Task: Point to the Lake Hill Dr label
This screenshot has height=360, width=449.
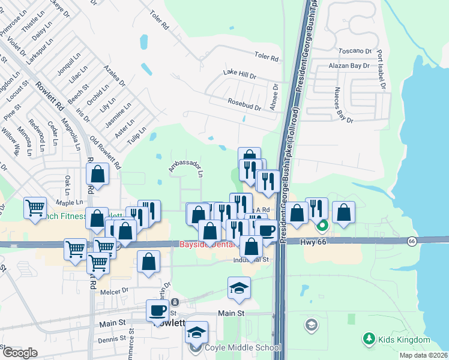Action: (240, 75)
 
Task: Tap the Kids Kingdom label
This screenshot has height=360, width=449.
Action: (404, 340)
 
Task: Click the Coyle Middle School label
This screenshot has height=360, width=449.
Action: (242, 347)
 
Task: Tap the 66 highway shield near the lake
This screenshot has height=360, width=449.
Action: (411, 241)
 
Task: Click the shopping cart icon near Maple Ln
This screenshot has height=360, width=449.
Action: (35, 208)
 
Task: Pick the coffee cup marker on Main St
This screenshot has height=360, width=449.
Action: (158, 310)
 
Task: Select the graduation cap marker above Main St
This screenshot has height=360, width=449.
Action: (239, 287)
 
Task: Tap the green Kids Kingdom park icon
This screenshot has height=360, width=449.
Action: (369, 340)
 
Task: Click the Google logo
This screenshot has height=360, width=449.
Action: (20, 352)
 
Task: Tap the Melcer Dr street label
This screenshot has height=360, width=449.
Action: (116, 290)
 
